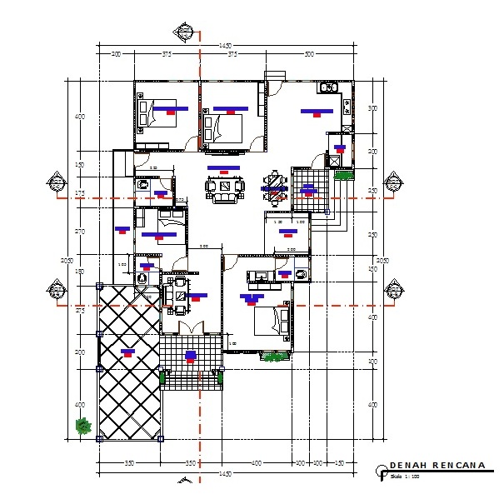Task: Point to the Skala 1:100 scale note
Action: point(403,477)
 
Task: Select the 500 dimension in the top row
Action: point(309,54)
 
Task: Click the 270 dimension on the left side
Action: point(80,231)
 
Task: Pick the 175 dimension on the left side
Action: point(80,193)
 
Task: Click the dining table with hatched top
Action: point(273,182)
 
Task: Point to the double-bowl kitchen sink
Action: point(327,87)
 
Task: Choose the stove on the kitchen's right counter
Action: point(346,105)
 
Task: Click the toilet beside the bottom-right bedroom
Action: point(301,272)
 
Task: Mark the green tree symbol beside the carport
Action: point(82,426)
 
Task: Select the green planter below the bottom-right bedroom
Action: point(272,357)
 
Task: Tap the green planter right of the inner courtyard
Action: point(342,175)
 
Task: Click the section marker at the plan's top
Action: point(185,32)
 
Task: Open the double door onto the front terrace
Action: point(192,327)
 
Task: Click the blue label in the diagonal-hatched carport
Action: point(127,352)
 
